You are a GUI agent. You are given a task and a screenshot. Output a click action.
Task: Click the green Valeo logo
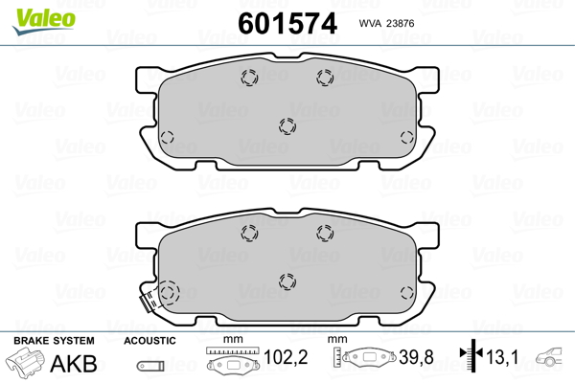coord(44,21)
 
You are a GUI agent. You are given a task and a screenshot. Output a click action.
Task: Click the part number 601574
coord(287,23)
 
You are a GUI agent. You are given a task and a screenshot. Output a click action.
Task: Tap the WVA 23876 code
coord(386,23)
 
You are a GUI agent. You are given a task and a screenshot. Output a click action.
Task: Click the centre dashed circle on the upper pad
coord(287,126)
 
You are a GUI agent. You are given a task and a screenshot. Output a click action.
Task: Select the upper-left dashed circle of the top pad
coord(249,78)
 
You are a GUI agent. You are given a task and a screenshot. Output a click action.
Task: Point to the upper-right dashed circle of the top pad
coord(325,78)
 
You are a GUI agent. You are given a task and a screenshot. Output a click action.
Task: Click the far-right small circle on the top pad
coord(407,138)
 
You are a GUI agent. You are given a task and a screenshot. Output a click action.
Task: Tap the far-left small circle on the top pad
coord(167,138)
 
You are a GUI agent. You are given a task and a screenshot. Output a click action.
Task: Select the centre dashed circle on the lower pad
coord(287,282)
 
